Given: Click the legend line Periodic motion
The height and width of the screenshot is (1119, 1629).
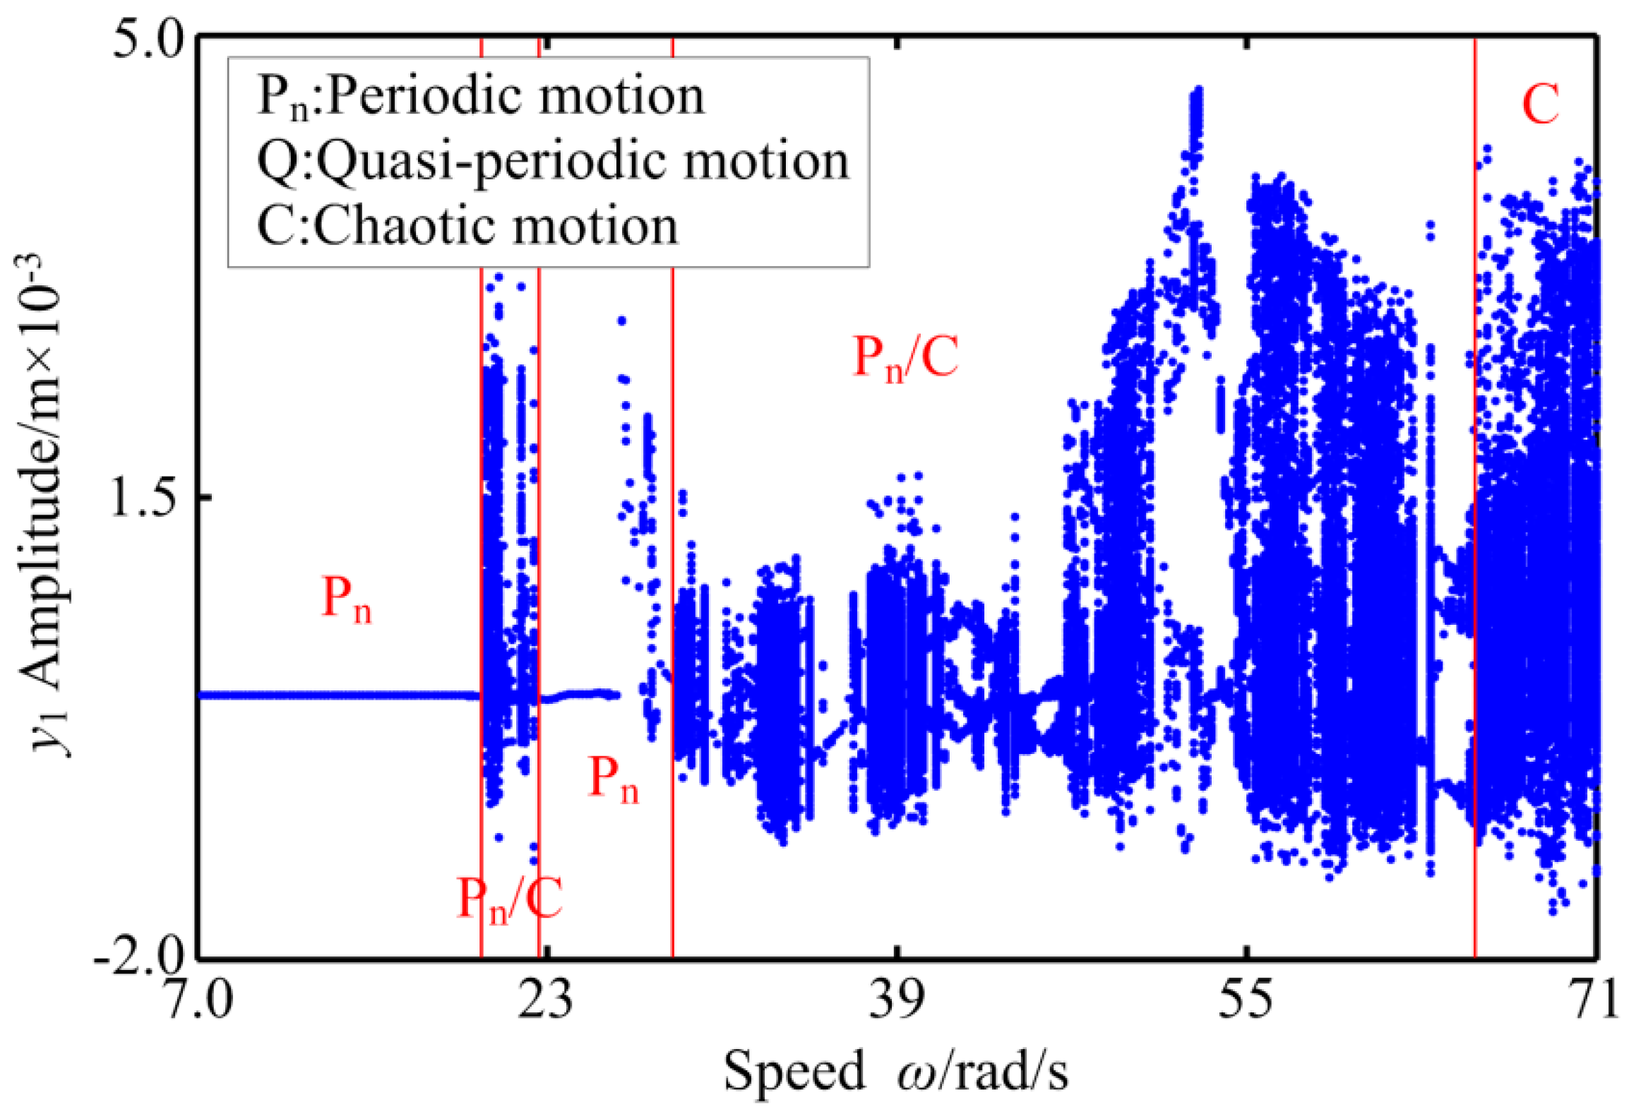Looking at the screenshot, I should [x=480, y=97].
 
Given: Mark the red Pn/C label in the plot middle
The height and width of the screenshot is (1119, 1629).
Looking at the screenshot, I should [x=905, y=359].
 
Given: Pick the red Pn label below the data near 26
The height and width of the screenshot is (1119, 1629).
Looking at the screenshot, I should [x=613, y=780].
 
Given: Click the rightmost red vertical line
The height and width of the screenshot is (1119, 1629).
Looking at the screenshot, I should [x=1475, y=494].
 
